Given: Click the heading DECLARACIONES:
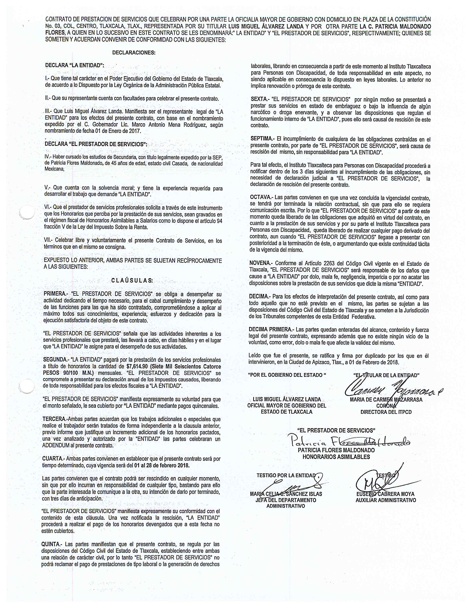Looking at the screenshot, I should coord(134,52).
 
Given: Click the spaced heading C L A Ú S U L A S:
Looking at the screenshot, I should coord(132,280).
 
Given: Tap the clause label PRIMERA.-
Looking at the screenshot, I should coord(56,294).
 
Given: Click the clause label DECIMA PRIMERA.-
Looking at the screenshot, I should coord(271,330).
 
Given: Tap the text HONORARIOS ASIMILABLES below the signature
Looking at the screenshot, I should coord(336,457).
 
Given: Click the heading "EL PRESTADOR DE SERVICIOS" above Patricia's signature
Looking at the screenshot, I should coord(336,430).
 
